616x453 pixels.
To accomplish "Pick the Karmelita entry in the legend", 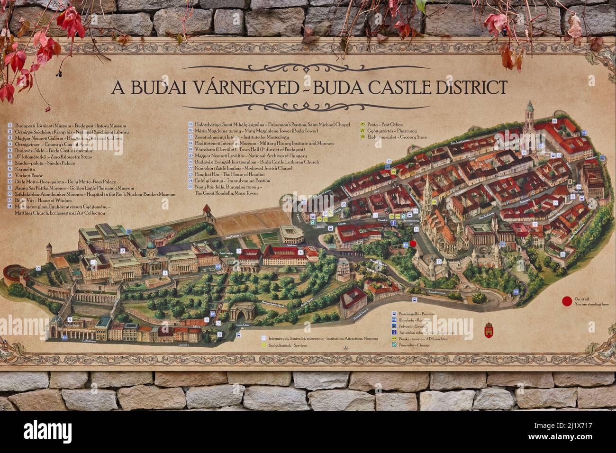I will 27,169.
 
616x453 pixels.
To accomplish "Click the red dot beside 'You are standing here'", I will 565,301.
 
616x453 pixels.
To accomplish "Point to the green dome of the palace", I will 151,245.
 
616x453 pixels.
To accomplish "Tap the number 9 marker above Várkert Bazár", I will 70,319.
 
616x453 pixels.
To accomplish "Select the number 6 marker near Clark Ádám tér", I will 219,334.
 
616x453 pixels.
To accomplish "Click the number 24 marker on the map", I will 562,254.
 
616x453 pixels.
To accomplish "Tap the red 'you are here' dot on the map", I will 413,244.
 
